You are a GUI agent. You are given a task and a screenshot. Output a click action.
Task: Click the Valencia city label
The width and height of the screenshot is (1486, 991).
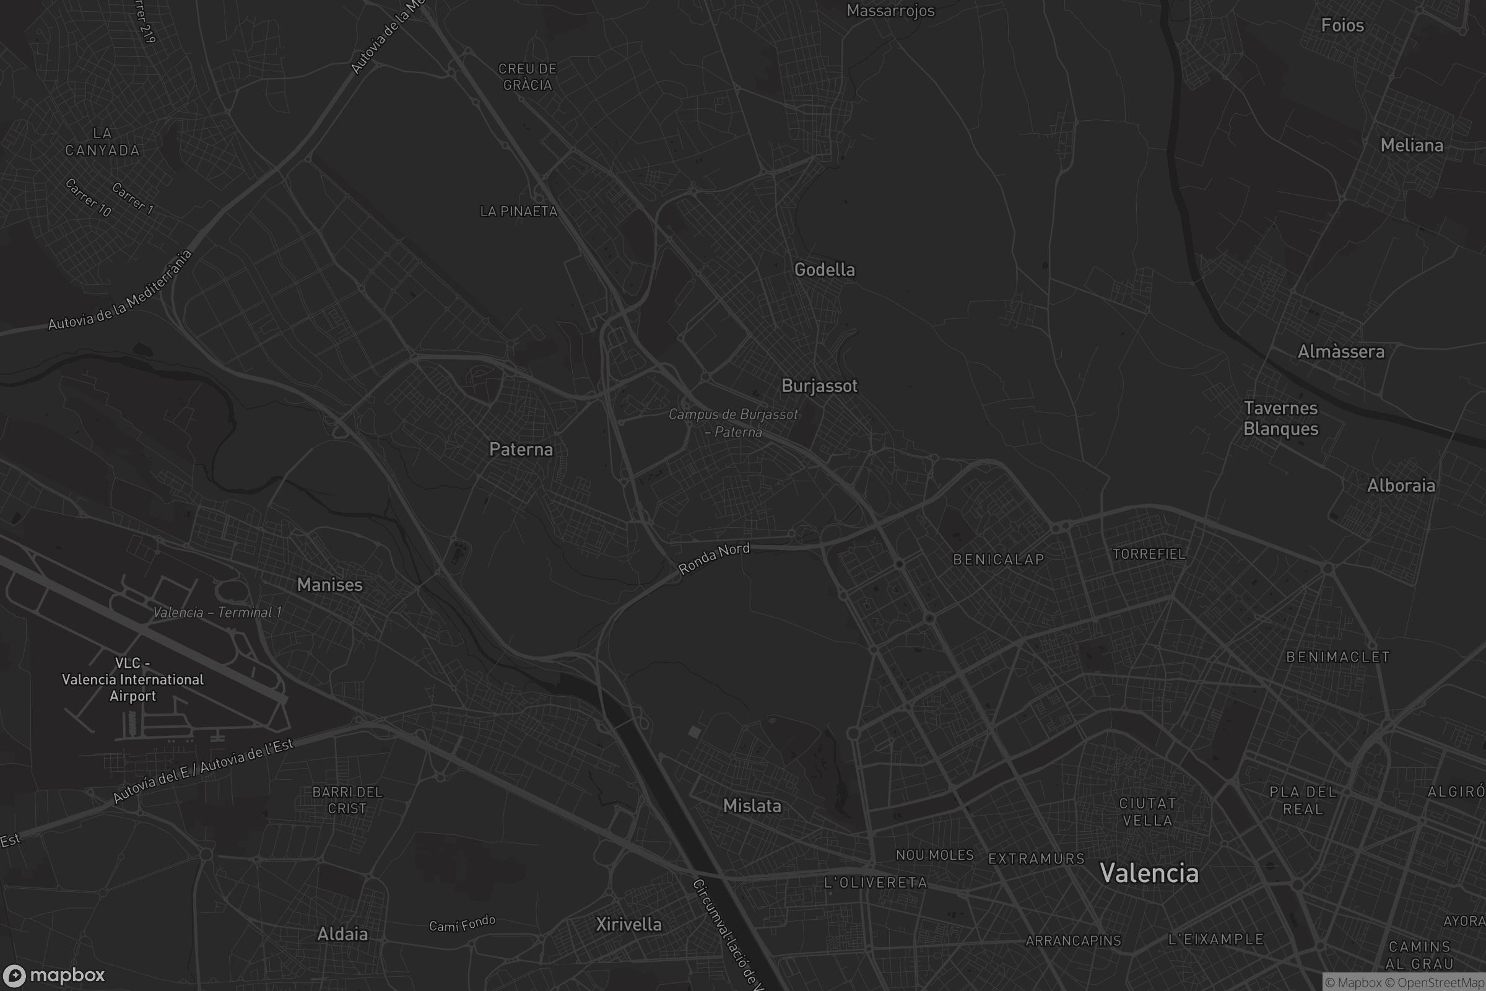tap(1149, 873)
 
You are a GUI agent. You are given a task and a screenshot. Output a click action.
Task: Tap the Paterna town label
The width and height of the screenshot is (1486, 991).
tap(521, 450)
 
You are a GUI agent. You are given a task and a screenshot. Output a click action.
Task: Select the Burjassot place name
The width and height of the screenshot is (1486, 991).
tap(819, 385)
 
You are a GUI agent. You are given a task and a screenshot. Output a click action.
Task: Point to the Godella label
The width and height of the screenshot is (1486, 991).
tap(825, 270)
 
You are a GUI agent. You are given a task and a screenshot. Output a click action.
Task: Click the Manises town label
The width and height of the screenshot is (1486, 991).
tap(330, 585)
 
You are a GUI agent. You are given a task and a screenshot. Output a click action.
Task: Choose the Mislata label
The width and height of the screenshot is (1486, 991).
tap(752, 806)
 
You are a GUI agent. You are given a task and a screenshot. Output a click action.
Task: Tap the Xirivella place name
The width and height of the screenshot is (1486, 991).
tap(628, 925)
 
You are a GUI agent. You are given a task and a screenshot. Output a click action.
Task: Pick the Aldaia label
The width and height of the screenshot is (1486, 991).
tap(342, 934)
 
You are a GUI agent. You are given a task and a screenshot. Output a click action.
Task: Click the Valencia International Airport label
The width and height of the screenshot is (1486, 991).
tap(133, 679)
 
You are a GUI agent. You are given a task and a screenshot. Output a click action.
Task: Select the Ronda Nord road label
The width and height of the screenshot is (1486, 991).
tap(713, 559)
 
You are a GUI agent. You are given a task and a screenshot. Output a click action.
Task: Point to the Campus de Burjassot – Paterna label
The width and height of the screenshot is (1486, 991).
tap(733, 423)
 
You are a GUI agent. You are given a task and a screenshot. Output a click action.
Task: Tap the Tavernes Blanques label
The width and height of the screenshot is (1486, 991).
tap(1280, 419)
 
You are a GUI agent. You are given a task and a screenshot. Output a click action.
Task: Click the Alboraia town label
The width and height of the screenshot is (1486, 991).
tap(1401, 486)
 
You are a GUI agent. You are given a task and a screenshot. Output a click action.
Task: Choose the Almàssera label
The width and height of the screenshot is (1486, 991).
tap(1340, 351)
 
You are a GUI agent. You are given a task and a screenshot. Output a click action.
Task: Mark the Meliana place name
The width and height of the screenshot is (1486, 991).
tap(1412, 146)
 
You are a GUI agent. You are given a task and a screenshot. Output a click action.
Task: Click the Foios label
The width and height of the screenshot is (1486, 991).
tap(1342, 25)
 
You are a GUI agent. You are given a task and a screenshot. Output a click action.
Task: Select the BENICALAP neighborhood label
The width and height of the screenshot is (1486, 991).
tap(998, 559)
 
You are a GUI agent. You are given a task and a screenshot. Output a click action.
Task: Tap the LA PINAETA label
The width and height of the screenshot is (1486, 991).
tap(519, 211)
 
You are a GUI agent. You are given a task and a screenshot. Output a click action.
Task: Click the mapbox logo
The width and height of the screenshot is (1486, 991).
tap(53, 975)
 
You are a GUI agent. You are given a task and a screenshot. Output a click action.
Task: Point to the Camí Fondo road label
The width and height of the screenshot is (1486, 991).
tap(462, 925)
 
